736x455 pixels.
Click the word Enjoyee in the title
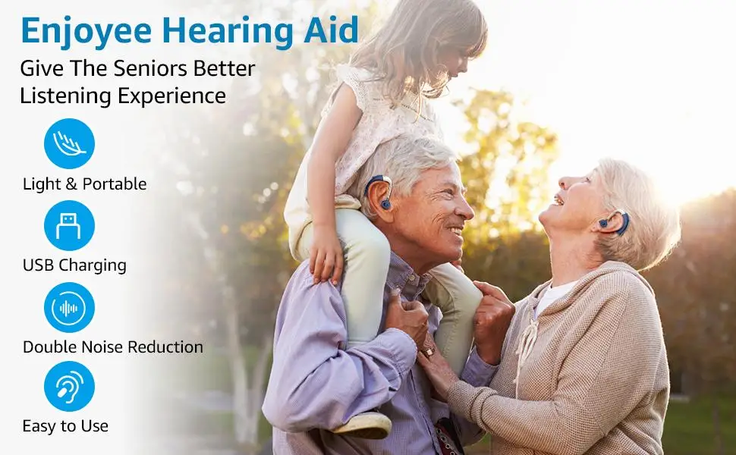pos(86,32)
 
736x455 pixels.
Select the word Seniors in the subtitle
pos(151,68)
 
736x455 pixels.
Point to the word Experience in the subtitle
pos(171,96)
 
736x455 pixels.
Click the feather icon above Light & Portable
pos(70,143)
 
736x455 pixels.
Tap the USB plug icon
pos(70,226)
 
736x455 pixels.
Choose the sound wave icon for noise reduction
pos(70,308)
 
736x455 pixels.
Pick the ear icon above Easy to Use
pos(70,387)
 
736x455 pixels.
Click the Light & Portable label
pos(84,184)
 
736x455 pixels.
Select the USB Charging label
pos(74,265)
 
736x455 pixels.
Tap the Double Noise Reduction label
pos(112,347)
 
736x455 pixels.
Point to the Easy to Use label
pos(65,426)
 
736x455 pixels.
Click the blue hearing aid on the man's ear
pos(379,191)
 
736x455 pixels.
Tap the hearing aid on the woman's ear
pos(618,222)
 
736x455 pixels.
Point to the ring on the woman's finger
pos(428,351)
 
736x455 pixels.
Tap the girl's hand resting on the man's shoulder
pos(326,256)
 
